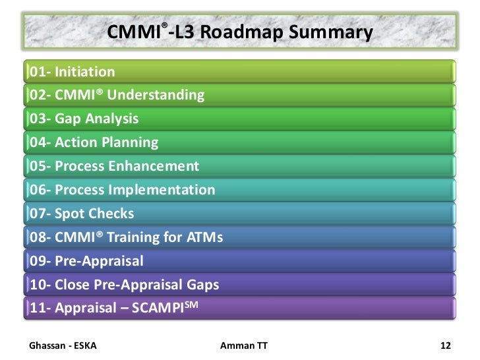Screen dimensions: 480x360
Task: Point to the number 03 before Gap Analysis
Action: (x=37, y=119)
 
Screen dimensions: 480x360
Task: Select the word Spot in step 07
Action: (x=70, y=214)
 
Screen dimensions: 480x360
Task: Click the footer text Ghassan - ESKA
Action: (x=63, y=345)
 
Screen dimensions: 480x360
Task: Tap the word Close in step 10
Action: (x=73, y=285)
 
